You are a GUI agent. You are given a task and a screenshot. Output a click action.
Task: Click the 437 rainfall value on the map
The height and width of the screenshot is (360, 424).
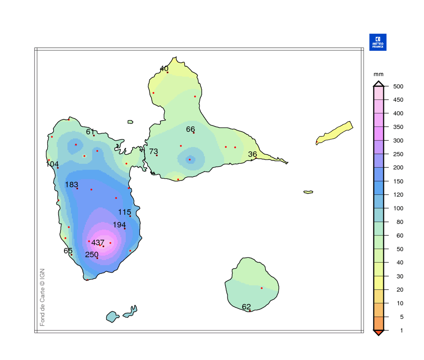(98, 242)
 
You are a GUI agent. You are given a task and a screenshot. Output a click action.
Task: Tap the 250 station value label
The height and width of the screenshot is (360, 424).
(92, 255)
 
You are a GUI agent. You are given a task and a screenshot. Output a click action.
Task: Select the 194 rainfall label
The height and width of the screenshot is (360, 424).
(119, 225)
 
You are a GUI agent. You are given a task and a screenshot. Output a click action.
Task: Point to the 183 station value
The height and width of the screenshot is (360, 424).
(72, 185)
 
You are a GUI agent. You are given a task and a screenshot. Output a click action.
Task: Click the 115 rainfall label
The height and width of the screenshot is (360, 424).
(124, 212)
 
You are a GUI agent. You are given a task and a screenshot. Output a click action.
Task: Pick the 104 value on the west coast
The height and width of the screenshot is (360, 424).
(52, 164)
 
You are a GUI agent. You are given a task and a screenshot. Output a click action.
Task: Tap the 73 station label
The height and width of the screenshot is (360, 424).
(154, 151)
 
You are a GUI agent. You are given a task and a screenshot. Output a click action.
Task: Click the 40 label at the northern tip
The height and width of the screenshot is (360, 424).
(164, 68)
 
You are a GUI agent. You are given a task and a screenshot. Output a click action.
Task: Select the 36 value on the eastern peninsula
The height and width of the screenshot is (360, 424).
(252, 154)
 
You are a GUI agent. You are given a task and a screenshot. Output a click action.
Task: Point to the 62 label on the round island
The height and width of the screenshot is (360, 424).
(246, 307)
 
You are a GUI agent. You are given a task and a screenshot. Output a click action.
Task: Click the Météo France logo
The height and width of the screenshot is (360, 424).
(378, 42)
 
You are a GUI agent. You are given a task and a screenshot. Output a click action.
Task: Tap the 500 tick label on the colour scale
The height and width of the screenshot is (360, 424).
(398, 87)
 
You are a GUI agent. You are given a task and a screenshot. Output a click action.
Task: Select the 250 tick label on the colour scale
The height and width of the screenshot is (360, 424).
(398, 154)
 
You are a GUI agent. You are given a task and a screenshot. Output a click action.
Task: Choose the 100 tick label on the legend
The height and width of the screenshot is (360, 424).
(398, 208)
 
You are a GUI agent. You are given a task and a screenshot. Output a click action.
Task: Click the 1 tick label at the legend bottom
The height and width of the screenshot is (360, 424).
(401, 330)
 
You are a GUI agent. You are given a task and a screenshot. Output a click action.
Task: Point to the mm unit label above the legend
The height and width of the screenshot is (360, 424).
(378, 74)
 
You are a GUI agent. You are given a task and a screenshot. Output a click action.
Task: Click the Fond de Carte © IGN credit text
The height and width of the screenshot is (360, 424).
(42, 297)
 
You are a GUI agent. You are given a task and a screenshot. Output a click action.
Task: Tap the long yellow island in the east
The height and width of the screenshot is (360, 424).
(335, 133)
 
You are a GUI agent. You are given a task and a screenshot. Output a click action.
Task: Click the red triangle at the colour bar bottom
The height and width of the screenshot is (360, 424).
(378, 332)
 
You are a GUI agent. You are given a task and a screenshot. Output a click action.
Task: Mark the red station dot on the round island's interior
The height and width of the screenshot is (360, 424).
(262, 288)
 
